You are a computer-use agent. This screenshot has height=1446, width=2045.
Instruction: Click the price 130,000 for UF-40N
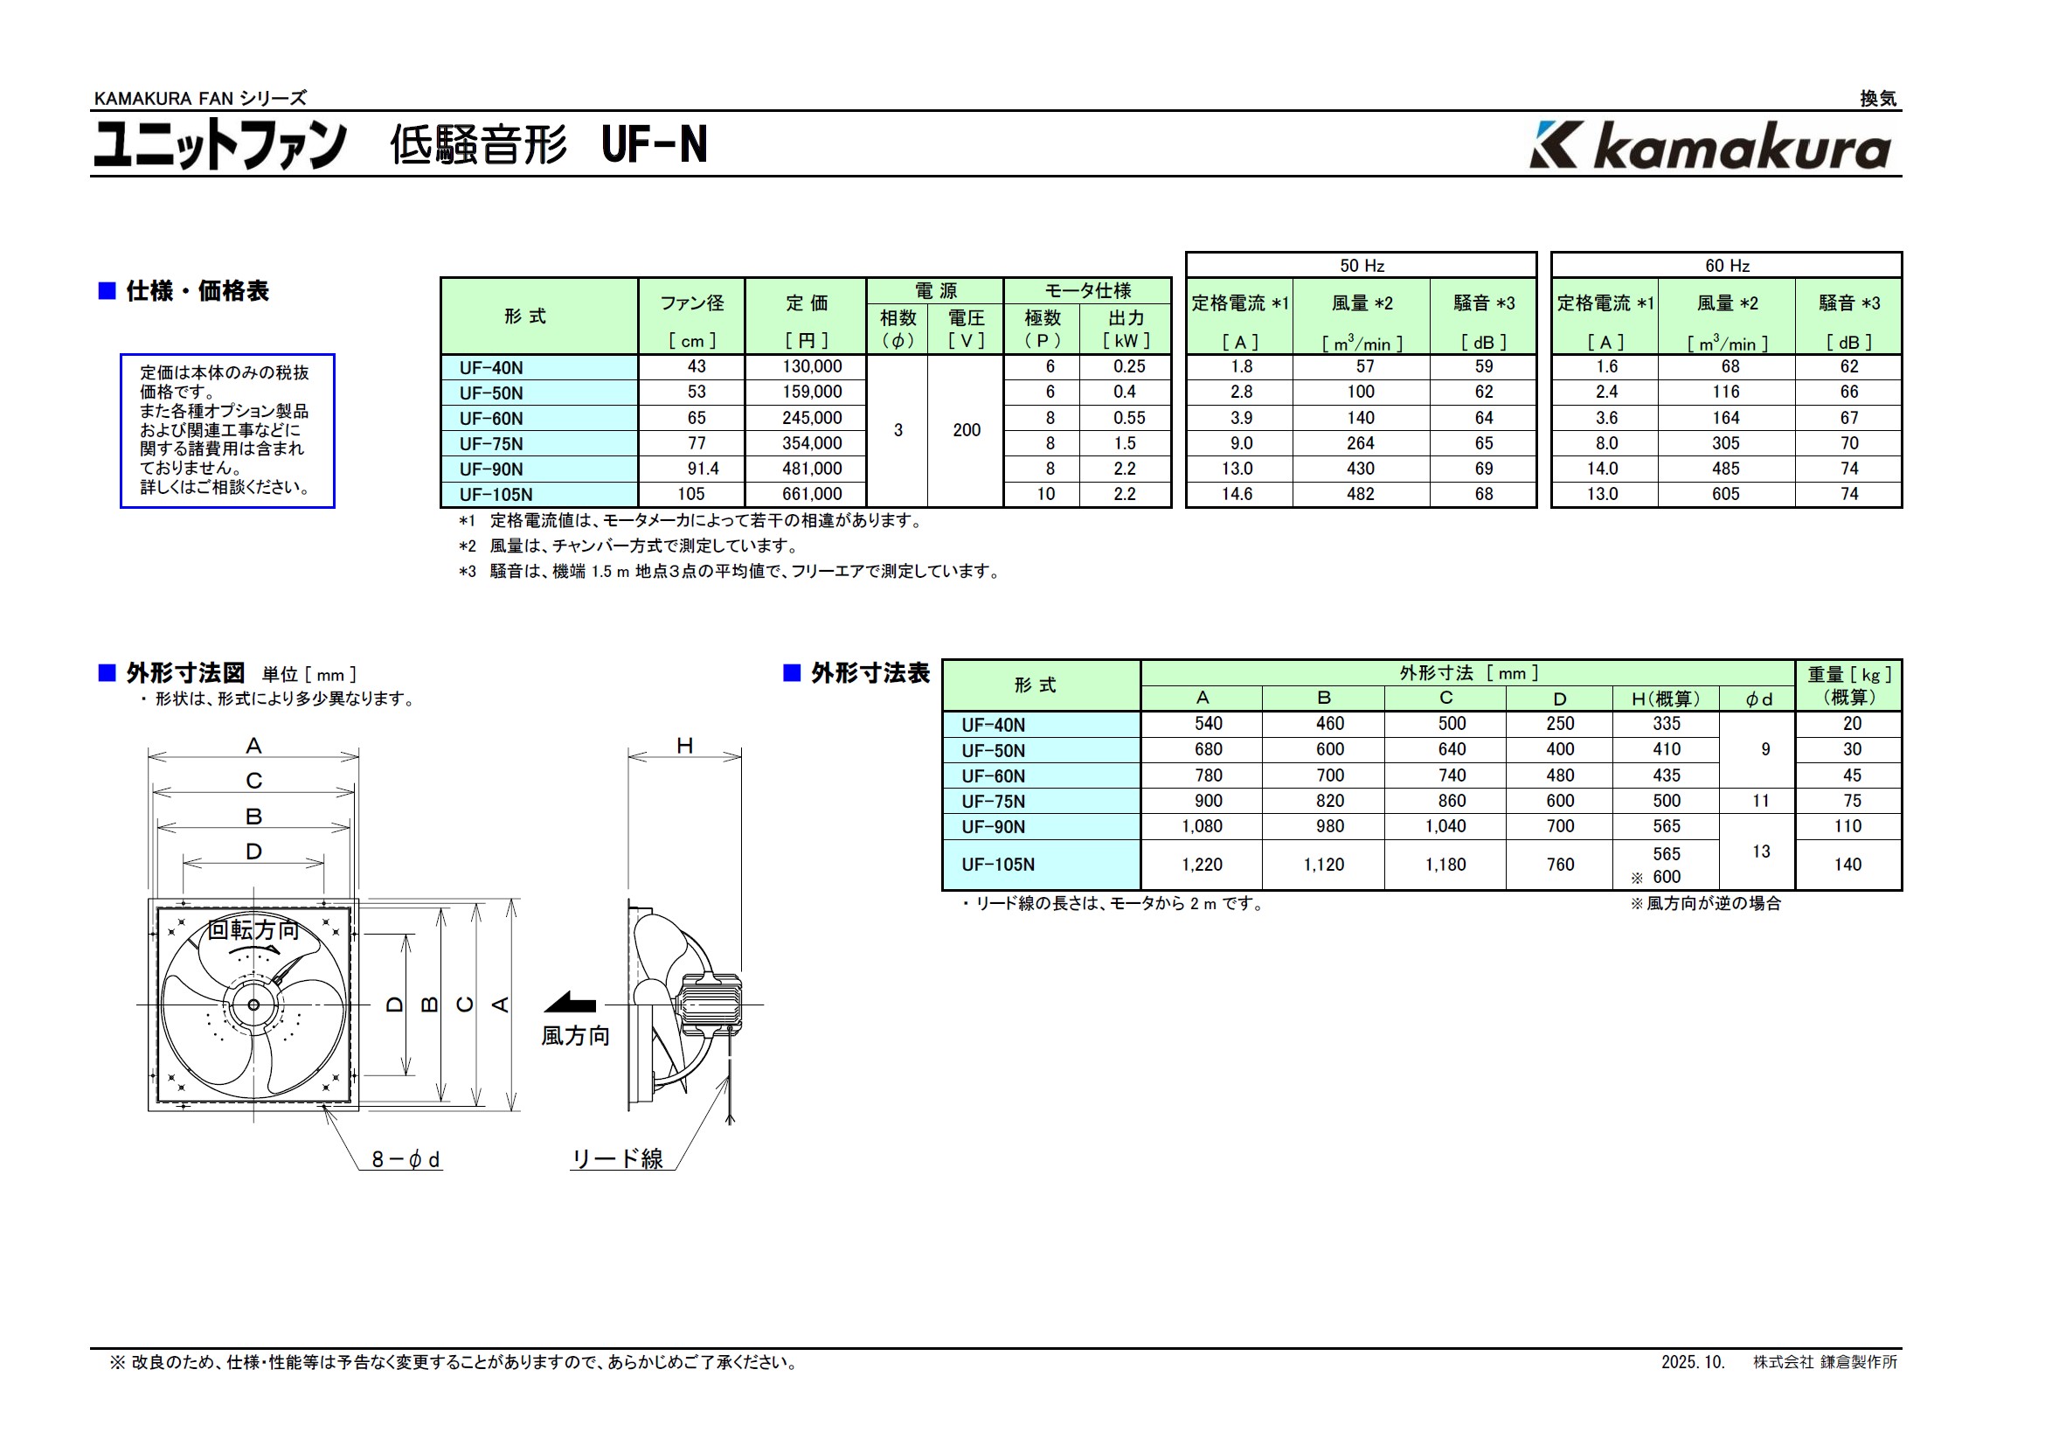811,366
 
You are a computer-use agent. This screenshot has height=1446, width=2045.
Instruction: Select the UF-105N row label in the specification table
496,495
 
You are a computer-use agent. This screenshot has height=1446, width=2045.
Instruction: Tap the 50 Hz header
1361,266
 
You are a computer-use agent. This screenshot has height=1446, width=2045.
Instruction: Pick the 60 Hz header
1726,266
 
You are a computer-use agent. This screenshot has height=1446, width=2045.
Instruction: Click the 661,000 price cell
811,494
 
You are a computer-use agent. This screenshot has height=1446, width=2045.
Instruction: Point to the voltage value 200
966,430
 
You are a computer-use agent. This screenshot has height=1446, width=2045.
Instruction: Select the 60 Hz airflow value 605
1725,494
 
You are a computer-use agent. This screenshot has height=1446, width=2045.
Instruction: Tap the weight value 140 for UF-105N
1847,865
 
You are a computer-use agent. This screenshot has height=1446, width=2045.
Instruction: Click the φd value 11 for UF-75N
1760,801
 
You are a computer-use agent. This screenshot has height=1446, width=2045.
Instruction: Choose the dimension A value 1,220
1202,865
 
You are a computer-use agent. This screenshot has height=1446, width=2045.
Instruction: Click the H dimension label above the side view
684,746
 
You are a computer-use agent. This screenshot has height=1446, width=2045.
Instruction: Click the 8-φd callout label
406,1159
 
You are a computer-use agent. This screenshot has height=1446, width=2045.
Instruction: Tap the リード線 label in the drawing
617,1158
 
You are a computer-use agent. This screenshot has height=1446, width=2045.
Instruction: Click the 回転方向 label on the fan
253,930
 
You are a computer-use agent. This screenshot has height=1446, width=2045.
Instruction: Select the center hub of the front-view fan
253,1005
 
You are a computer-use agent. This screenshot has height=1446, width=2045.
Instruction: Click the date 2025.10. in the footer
1692,1362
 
